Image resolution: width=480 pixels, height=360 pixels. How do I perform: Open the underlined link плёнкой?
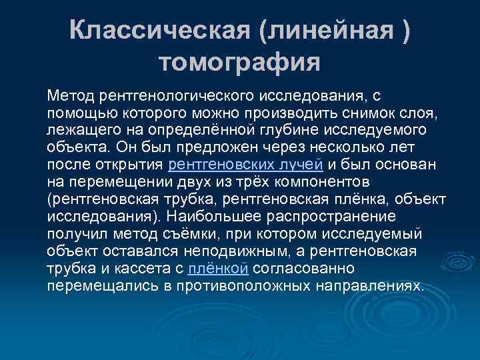(x=219, y=268)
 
